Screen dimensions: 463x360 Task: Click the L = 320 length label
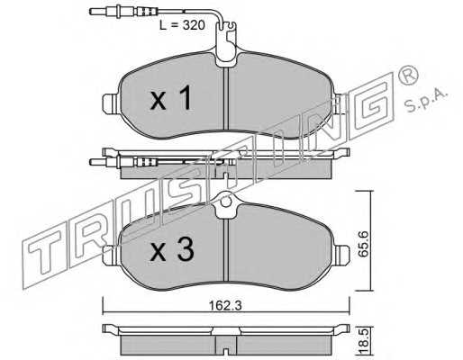[x=182, y=25]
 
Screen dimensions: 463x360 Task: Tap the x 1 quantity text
[x=170, y=97]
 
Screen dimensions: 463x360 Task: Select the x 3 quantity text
[x=172, y=250]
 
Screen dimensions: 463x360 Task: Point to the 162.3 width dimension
[x=225, y=306]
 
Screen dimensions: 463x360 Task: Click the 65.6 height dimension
[x=364, y=243]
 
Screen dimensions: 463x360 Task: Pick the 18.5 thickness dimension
[x=364, y=342]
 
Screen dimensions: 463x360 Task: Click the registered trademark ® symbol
[x=407, y=76]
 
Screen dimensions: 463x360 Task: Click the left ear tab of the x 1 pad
[x=111, y=103]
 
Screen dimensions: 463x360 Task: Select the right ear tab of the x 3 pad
[x=341, y=255]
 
